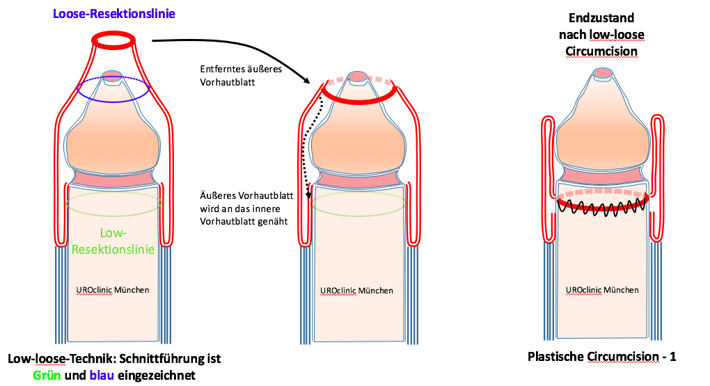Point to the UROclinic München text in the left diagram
coord(112,289)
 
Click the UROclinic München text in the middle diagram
coord(356,290)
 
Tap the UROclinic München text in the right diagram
coord(602,289)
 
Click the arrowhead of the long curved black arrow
coord(306,82)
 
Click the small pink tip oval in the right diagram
coord(602,72)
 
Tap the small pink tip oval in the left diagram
coord(112,75)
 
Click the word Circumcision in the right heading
coord(602,51)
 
